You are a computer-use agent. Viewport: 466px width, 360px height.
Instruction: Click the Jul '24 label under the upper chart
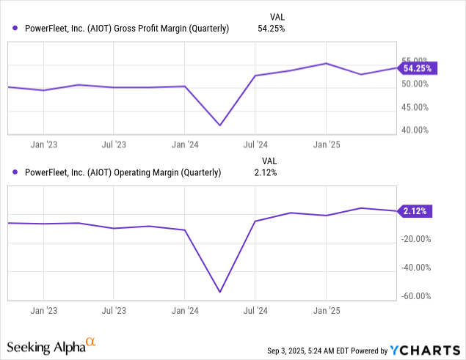255,144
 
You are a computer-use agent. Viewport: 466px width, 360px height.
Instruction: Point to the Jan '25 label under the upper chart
326,144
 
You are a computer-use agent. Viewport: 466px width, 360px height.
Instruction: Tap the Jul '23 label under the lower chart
113,309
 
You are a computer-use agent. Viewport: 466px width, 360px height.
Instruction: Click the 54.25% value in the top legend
269,29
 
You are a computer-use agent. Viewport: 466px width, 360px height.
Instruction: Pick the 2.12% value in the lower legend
269,173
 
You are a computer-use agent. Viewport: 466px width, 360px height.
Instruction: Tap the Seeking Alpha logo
51,345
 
